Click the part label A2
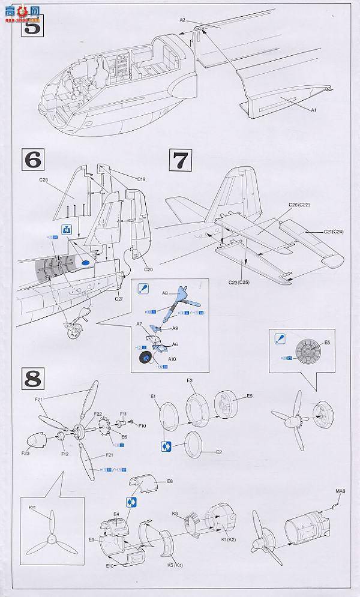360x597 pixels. [x=183, y=20]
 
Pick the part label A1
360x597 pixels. [x=313, y=110]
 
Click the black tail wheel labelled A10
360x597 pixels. [x=146, y=359]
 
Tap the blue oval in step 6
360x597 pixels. [x=85, y=262]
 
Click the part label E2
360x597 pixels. [x=219, y=452]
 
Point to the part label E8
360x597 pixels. [x=170, y=481]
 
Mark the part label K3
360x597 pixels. [x=175, y=514]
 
